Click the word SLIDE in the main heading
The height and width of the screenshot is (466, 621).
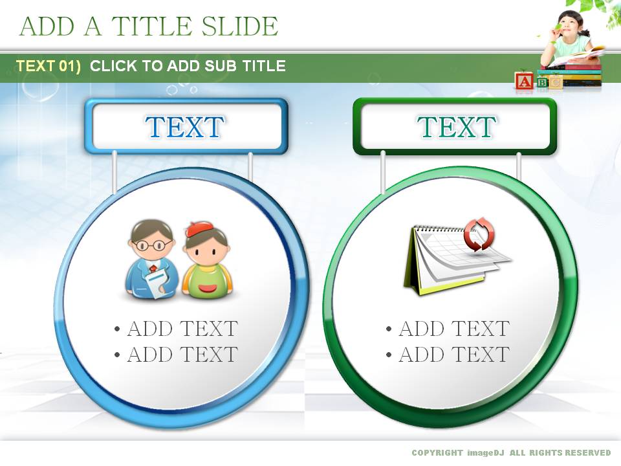click(240, 26)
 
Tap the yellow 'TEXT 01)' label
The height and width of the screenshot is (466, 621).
click(49, 66)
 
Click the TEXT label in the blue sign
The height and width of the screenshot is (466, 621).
click(184, 127)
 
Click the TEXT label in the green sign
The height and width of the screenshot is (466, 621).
click(456, 127)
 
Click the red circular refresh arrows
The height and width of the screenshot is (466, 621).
click(479, 234)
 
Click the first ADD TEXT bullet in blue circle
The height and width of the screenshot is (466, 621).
click(176, 329)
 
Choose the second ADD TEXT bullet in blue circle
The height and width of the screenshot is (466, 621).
click(176, 354)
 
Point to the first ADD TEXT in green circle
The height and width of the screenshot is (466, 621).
click(448, 329)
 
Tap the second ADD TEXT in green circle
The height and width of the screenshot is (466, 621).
click(448, 354)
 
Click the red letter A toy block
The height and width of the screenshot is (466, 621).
click(525, 82)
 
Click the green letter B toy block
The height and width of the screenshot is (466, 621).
click(543, 82)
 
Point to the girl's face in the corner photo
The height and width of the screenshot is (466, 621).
click(568, 25)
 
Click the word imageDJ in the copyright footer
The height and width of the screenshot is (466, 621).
click(486, 452)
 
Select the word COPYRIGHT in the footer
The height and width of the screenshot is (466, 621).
click(437, 452)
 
